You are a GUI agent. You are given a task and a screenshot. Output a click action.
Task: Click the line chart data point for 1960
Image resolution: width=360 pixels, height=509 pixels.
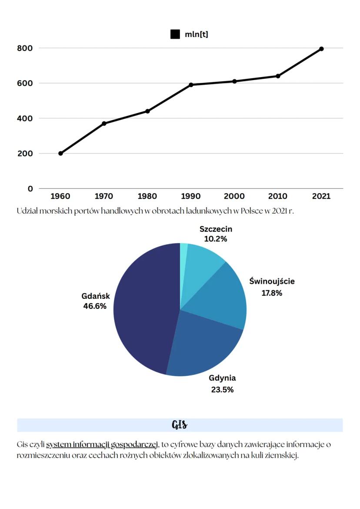coord(60,153)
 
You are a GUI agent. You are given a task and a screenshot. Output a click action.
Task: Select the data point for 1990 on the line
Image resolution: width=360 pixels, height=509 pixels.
coord(191,84)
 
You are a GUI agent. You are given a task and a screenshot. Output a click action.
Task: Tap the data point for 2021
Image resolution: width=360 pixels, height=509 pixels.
coord(321,49)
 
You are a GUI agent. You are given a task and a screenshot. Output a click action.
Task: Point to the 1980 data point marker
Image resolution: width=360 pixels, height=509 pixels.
coord(147,111)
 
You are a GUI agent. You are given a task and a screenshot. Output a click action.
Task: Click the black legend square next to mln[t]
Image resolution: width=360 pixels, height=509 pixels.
coord(175,34)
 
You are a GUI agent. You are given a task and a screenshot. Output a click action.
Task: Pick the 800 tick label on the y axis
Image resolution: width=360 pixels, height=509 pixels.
coord(25,48)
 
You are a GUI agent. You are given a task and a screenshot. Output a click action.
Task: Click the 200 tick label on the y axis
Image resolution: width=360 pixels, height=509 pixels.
coord(25,154)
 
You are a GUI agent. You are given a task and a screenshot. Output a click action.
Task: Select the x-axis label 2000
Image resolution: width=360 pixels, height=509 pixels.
coord(234,196)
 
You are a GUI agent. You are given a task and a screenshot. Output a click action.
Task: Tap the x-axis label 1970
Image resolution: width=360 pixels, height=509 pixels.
coord(104,196)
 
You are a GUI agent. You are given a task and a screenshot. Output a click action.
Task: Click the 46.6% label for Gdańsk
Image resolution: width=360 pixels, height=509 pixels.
coord(95,306)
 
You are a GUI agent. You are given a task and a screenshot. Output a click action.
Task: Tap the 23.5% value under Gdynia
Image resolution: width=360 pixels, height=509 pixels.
coord(222,389)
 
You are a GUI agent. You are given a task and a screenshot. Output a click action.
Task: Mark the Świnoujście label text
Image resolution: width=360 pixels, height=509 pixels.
coord(272,281)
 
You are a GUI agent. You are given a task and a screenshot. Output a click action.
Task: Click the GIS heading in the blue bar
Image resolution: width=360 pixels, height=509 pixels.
coord(180,425)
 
